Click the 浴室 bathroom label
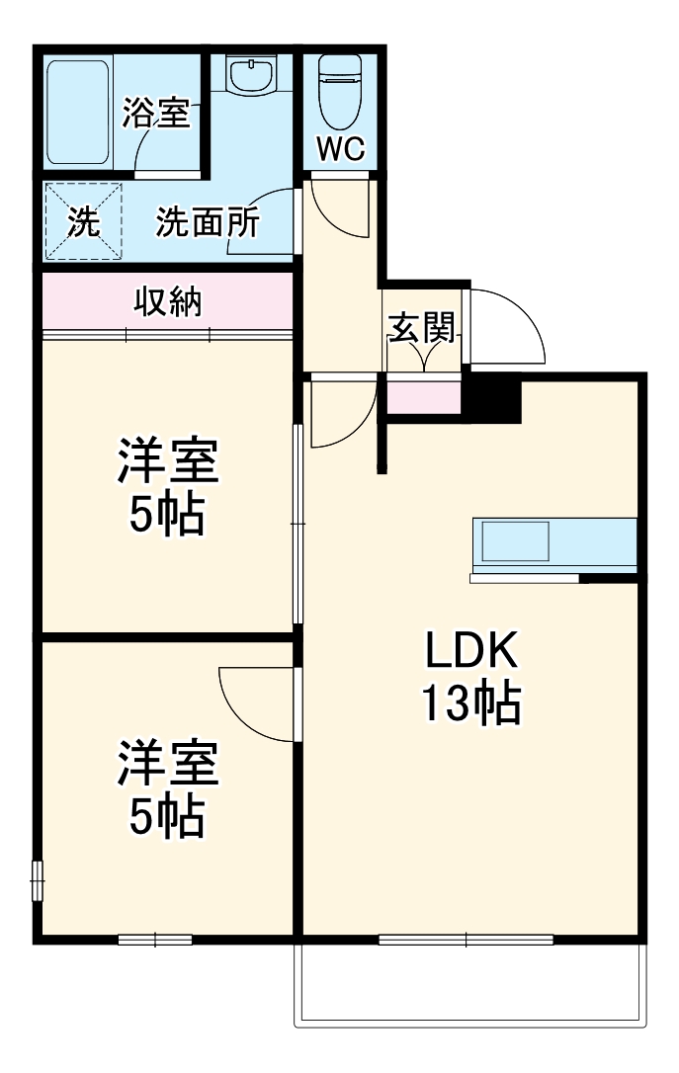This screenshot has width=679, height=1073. coord(155,114)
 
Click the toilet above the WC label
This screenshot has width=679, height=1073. coord(342,82)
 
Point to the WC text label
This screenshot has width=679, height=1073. coord(341,149)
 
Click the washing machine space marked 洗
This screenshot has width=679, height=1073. coord(83,222)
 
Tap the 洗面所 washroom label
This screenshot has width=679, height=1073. coord(208,222)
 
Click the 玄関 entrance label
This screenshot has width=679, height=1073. coord(422,328)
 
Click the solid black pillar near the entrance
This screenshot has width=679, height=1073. coord(491,397)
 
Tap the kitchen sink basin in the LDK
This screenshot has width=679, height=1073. coord(515,541)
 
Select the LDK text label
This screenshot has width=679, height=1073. coord(471,652)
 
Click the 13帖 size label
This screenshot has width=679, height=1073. coord(471,703)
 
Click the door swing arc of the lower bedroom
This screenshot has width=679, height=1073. coord(252,703)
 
